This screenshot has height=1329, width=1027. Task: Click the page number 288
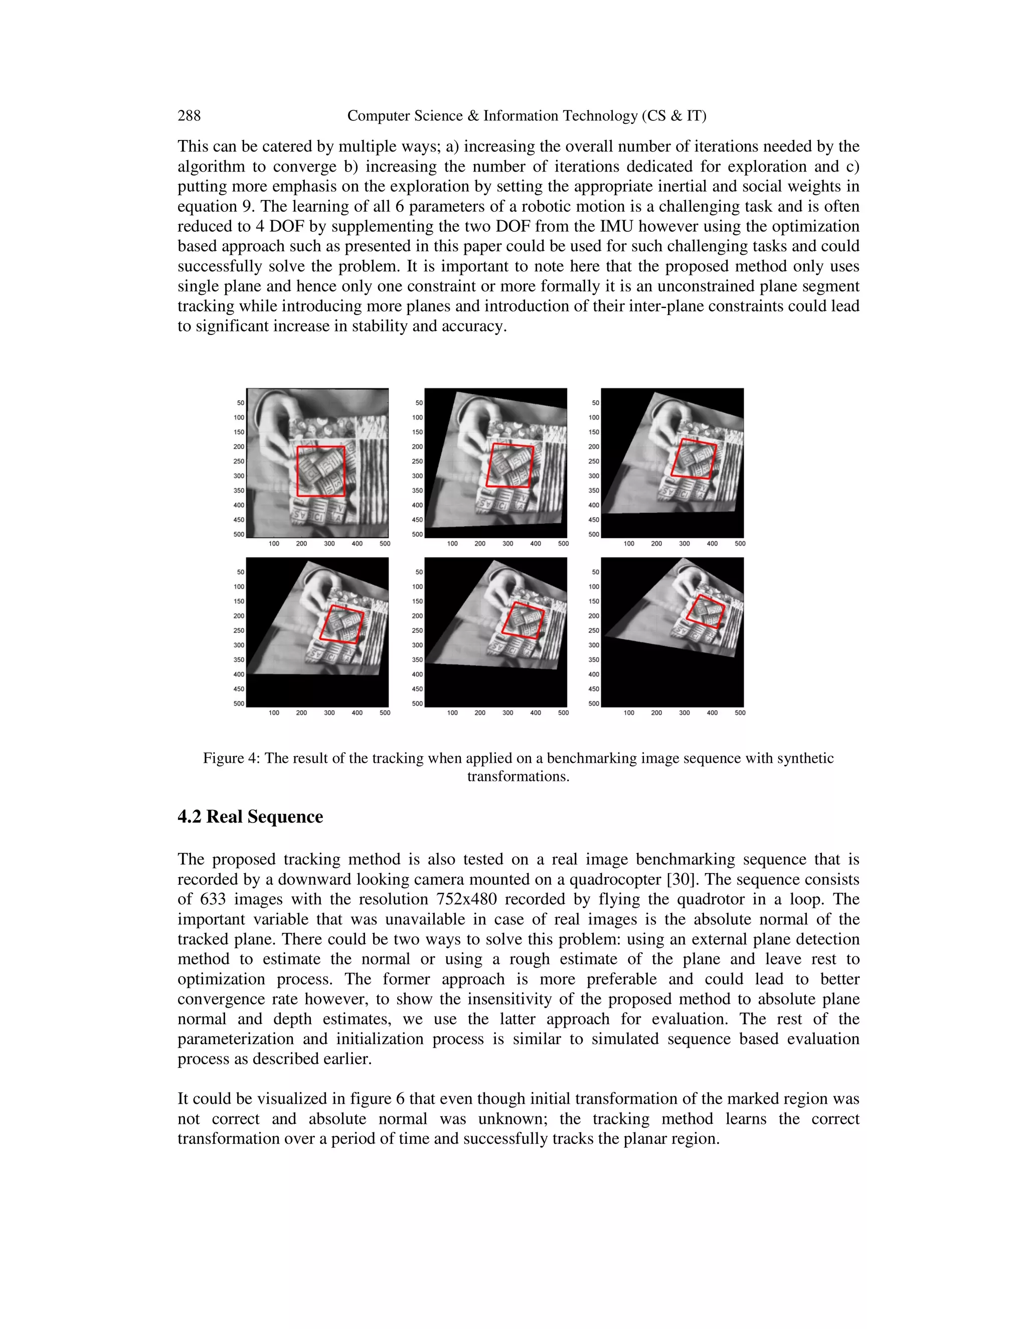(x=189, y=116)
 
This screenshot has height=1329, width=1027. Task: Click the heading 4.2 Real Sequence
(x=250, y=816)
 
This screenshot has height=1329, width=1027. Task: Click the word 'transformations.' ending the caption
(x=518, y=776)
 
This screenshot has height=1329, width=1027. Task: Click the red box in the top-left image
(x=320, y=471)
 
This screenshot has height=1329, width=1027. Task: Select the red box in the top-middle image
(x=510, y=465)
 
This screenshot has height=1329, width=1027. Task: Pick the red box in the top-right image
(x=694, y=459)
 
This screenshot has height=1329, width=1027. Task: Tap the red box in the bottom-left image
(x=342, y=624)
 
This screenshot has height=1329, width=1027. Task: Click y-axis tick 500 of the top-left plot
(x=239, y=534)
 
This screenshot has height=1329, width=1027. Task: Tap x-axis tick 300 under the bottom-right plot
(x=684, y=713)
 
